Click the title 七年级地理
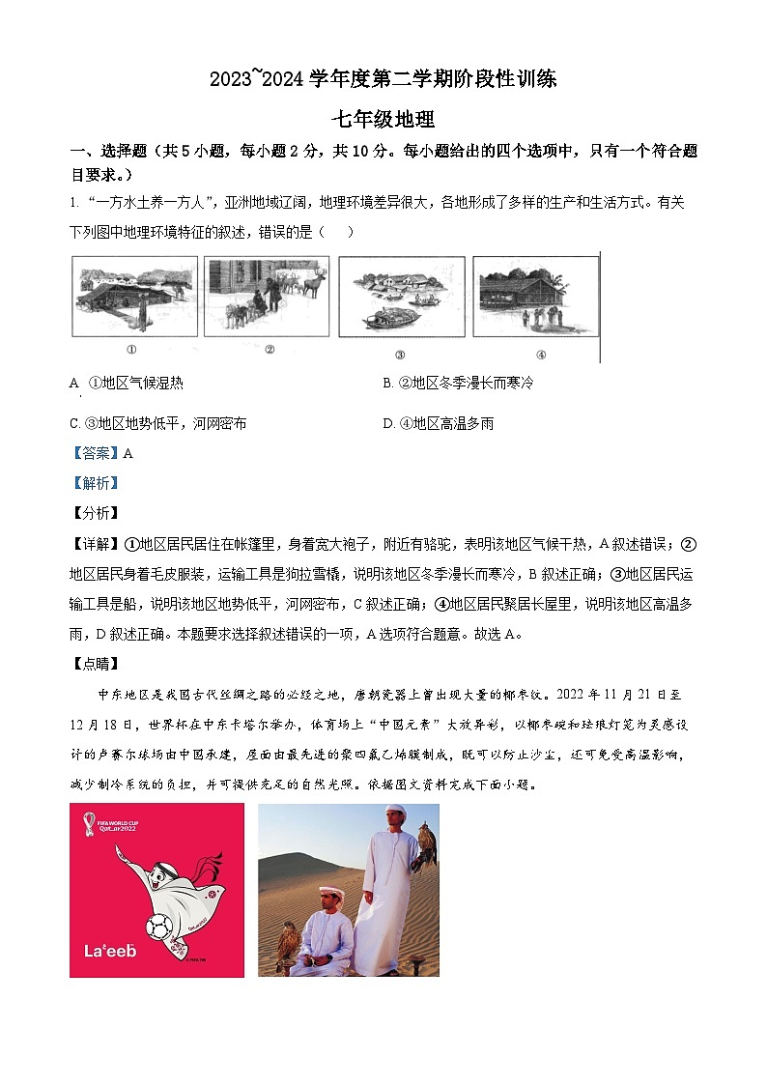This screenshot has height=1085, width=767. click(383, 120)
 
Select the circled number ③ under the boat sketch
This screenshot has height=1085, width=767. click(399, 354)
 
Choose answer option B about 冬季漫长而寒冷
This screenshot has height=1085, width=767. click(457, 383)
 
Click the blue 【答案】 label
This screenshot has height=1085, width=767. click(95, 453)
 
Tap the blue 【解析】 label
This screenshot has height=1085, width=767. click(95, 483)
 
